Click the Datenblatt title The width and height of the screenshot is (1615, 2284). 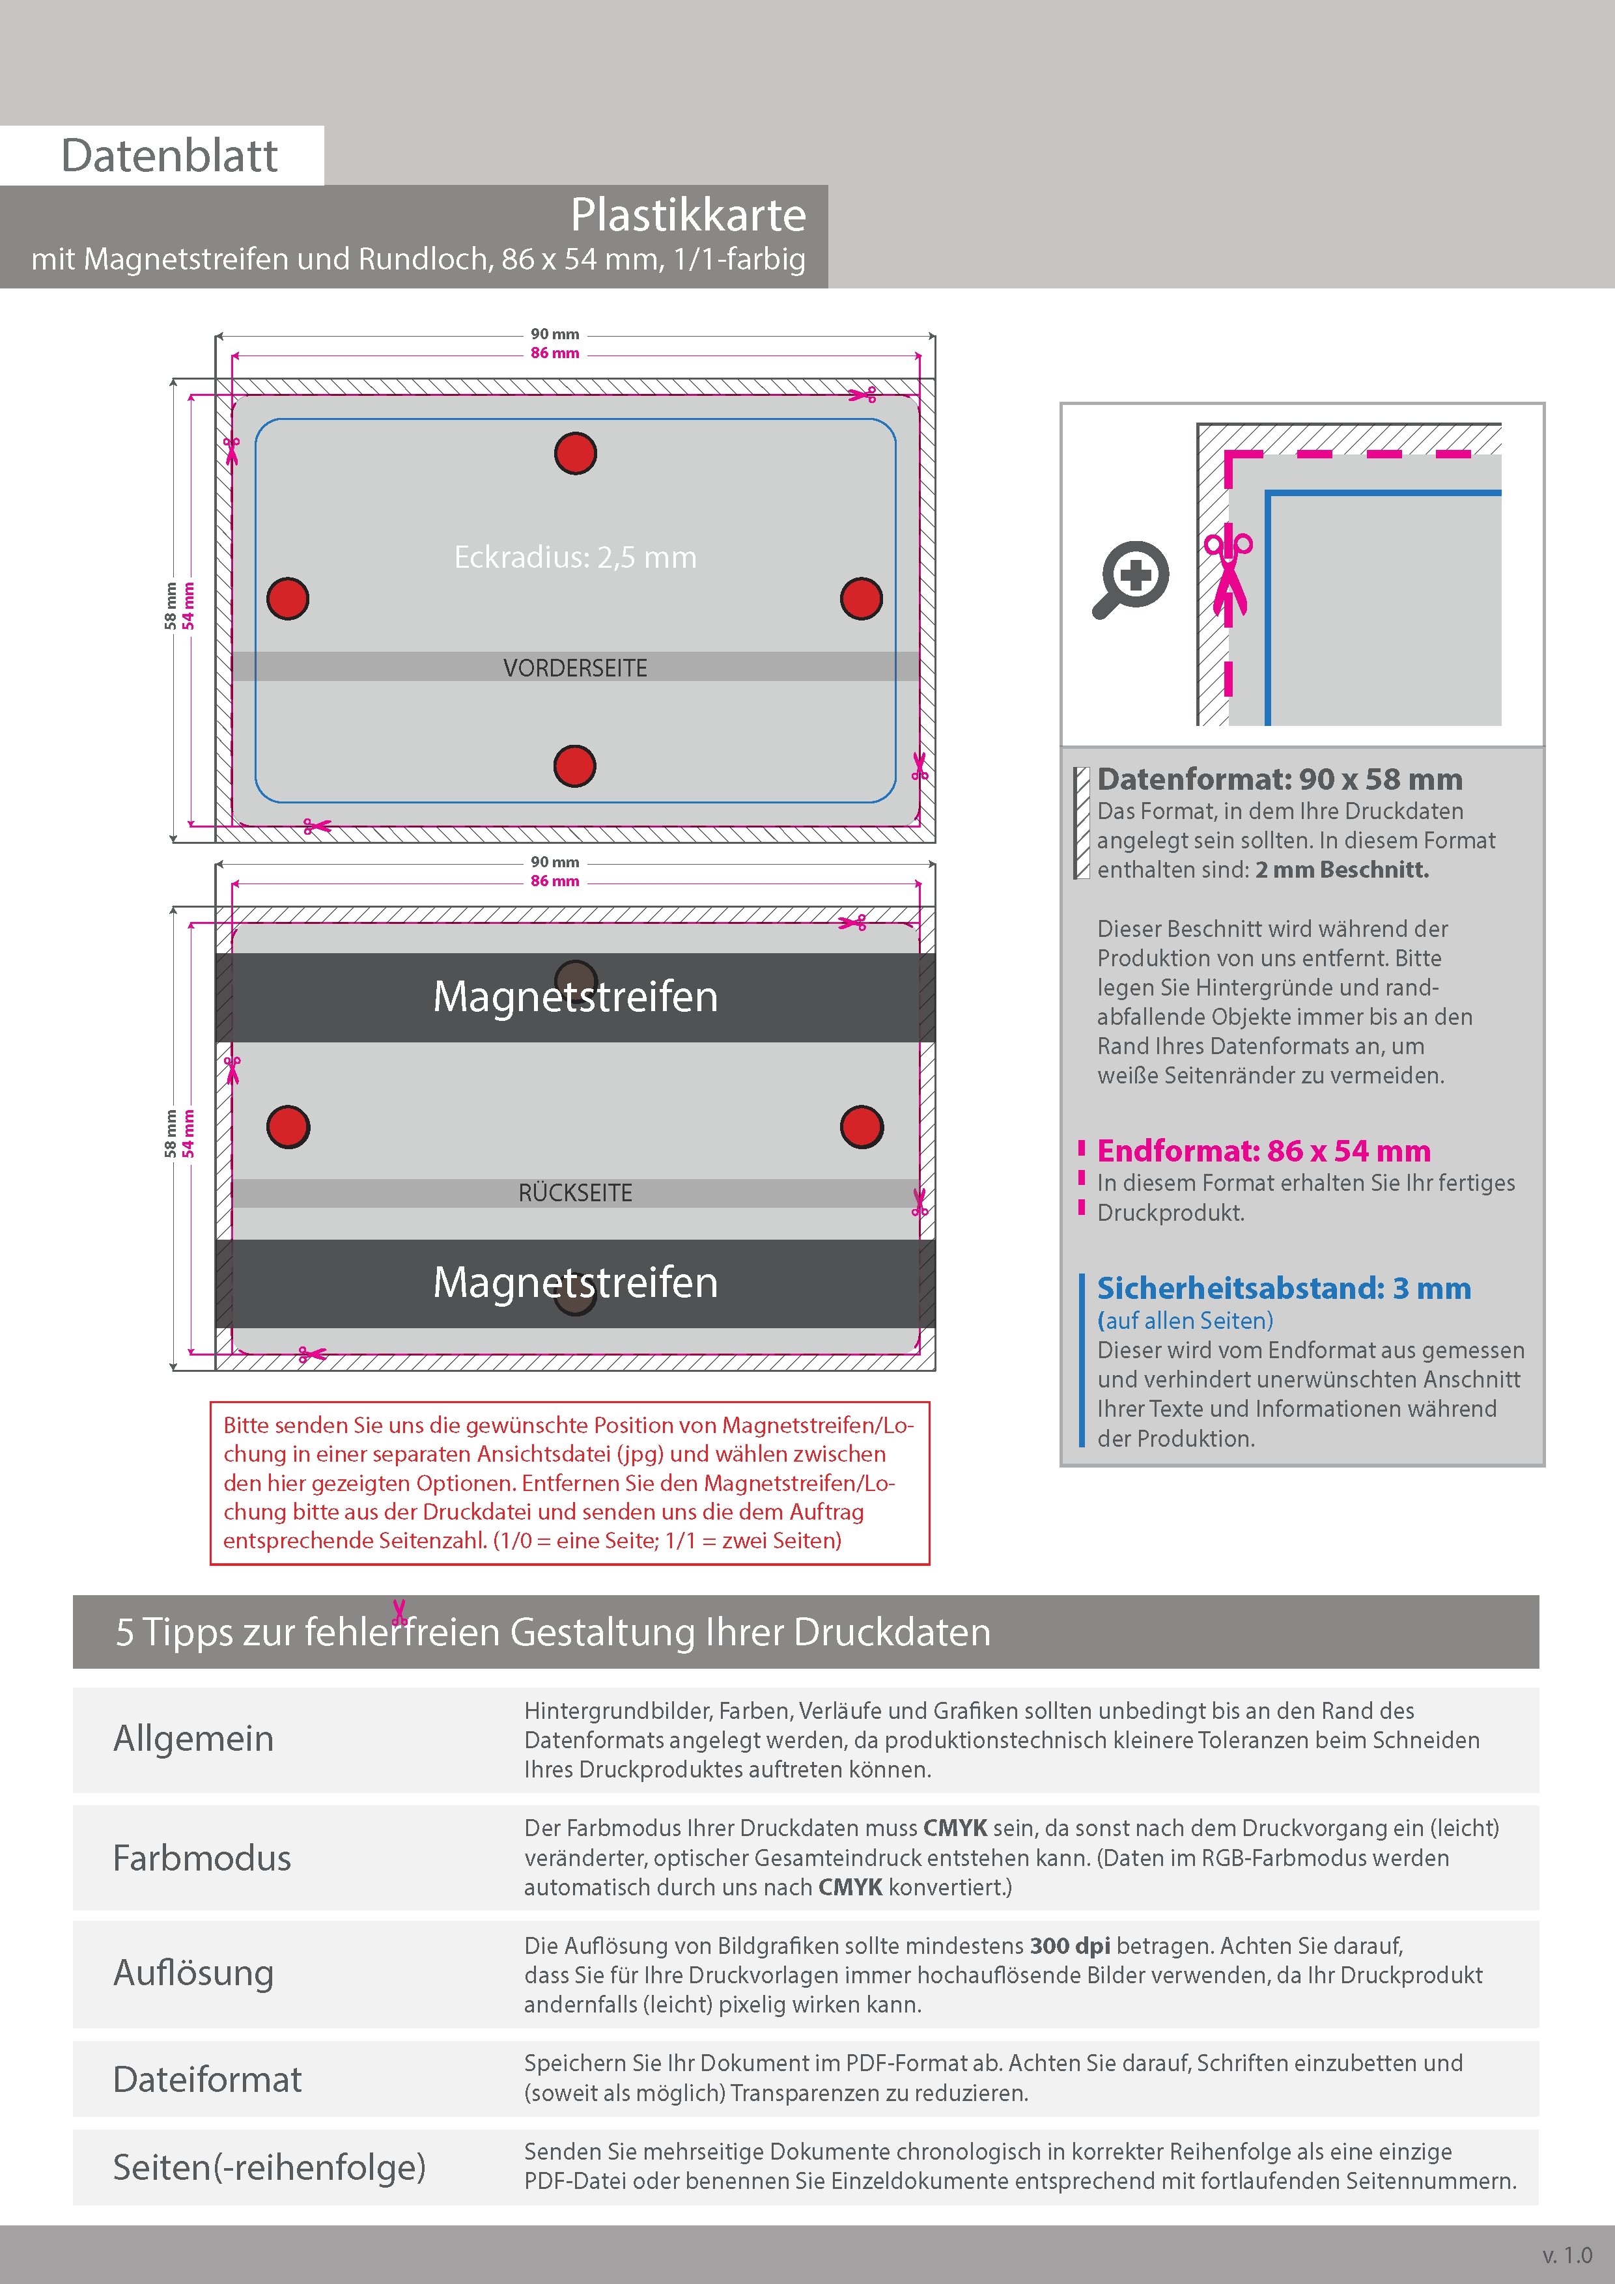[169, 155]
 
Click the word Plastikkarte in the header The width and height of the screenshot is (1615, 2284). [688, 215]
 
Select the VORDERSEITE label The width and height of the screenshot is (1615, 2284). [575, 667]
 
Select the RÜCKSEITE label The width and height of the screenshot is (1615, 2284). [575, 1193]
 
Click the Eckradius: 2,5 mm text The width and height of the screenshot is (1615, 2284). [575, 557]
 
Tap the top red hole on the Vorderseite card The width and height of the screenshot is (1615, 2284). [575, 454]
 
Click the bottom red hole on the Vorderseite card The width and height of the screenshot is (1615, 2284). [574, 766]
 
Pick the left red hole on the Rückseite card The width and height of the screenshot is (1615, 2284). [288, 1126]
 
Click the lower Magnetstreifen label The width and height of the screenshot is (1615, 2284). [575, 1282]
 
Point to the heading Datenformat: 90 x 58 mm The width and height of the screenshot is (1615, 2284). [1279, 779]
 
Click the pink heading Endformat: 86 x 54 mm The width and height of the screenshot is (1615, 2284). [1264, 1151]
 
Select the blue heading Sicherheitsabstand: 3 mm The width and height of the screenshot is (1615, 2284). [1284, 1288]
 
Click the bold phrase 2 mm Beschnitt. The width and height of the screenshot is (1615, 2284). [1341, 869]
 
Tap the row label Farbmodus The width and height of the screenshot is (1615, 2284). [202, 1858]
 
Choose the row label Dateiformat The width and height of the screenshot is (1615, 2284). [207, 2079]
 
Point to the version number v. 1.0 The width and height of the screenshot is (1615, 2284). [1566, 2255]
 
